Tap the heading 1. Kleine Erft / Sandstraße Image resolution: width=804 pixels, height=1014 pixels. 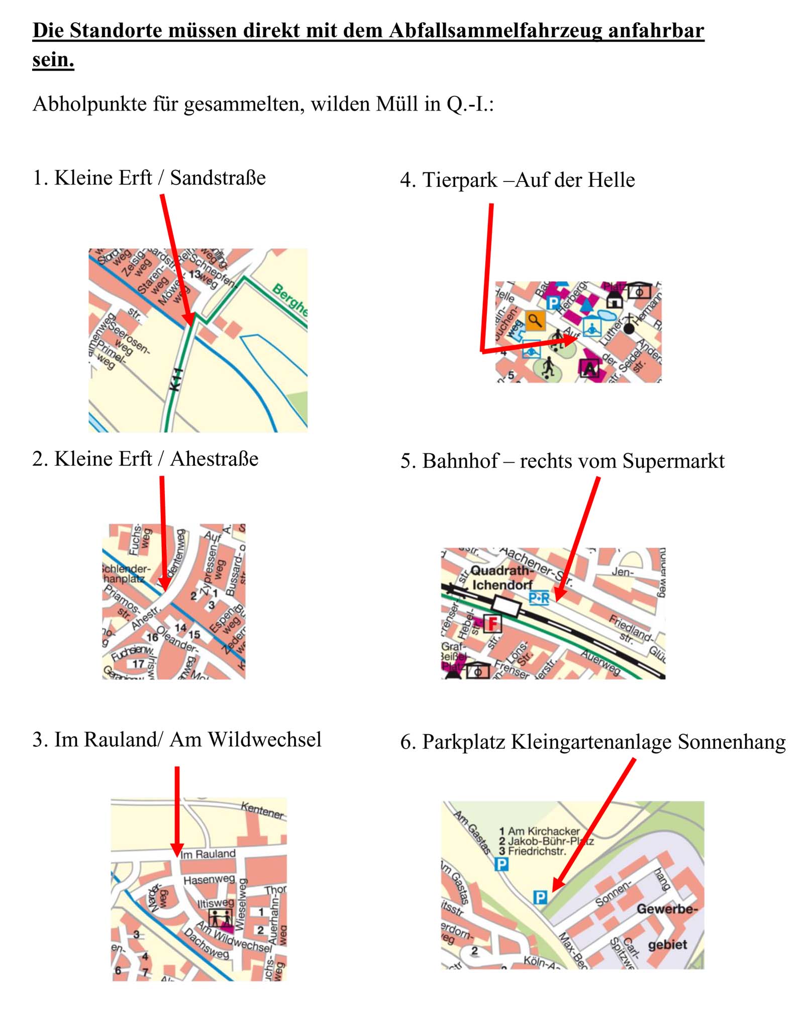pyautogui.click(x=149, y=178)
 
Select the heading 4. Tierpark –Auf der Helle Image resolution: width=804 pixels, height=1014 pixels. pyautogui.click(x=517, y=180)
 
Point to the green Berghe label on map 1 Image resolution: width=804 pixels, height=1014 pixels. pyautogui.click(x=290, y=299)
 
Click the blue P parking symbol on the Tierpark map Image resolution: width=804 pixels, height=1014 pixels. pyautogui.click(x=553, y=302)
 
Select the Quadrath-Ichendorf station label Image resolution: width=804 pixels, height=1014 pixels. pyautogui.click(x=501, y=578)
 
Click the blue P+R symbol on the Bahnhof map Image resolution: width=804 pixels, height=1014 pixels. pyautogui.click(x=538, y=598)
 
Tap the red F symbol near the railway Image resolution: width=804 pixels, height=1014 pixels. pyautogui.click(x=492, y=623)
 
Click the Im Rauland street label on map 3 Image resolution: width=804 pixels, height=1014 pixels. pyautogui.click(x=208, y=854)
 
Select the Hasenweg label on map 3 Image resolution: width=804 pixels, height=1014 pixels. pyautogui.click(x=209, y=880)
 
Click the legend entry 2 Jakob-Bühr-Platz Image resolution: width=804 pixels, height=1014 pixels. pyautogui.click(x=546, y=841)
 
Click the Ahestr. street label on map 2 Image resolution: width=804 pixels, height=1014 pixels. pyautogui.click(x=145, y=619)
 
